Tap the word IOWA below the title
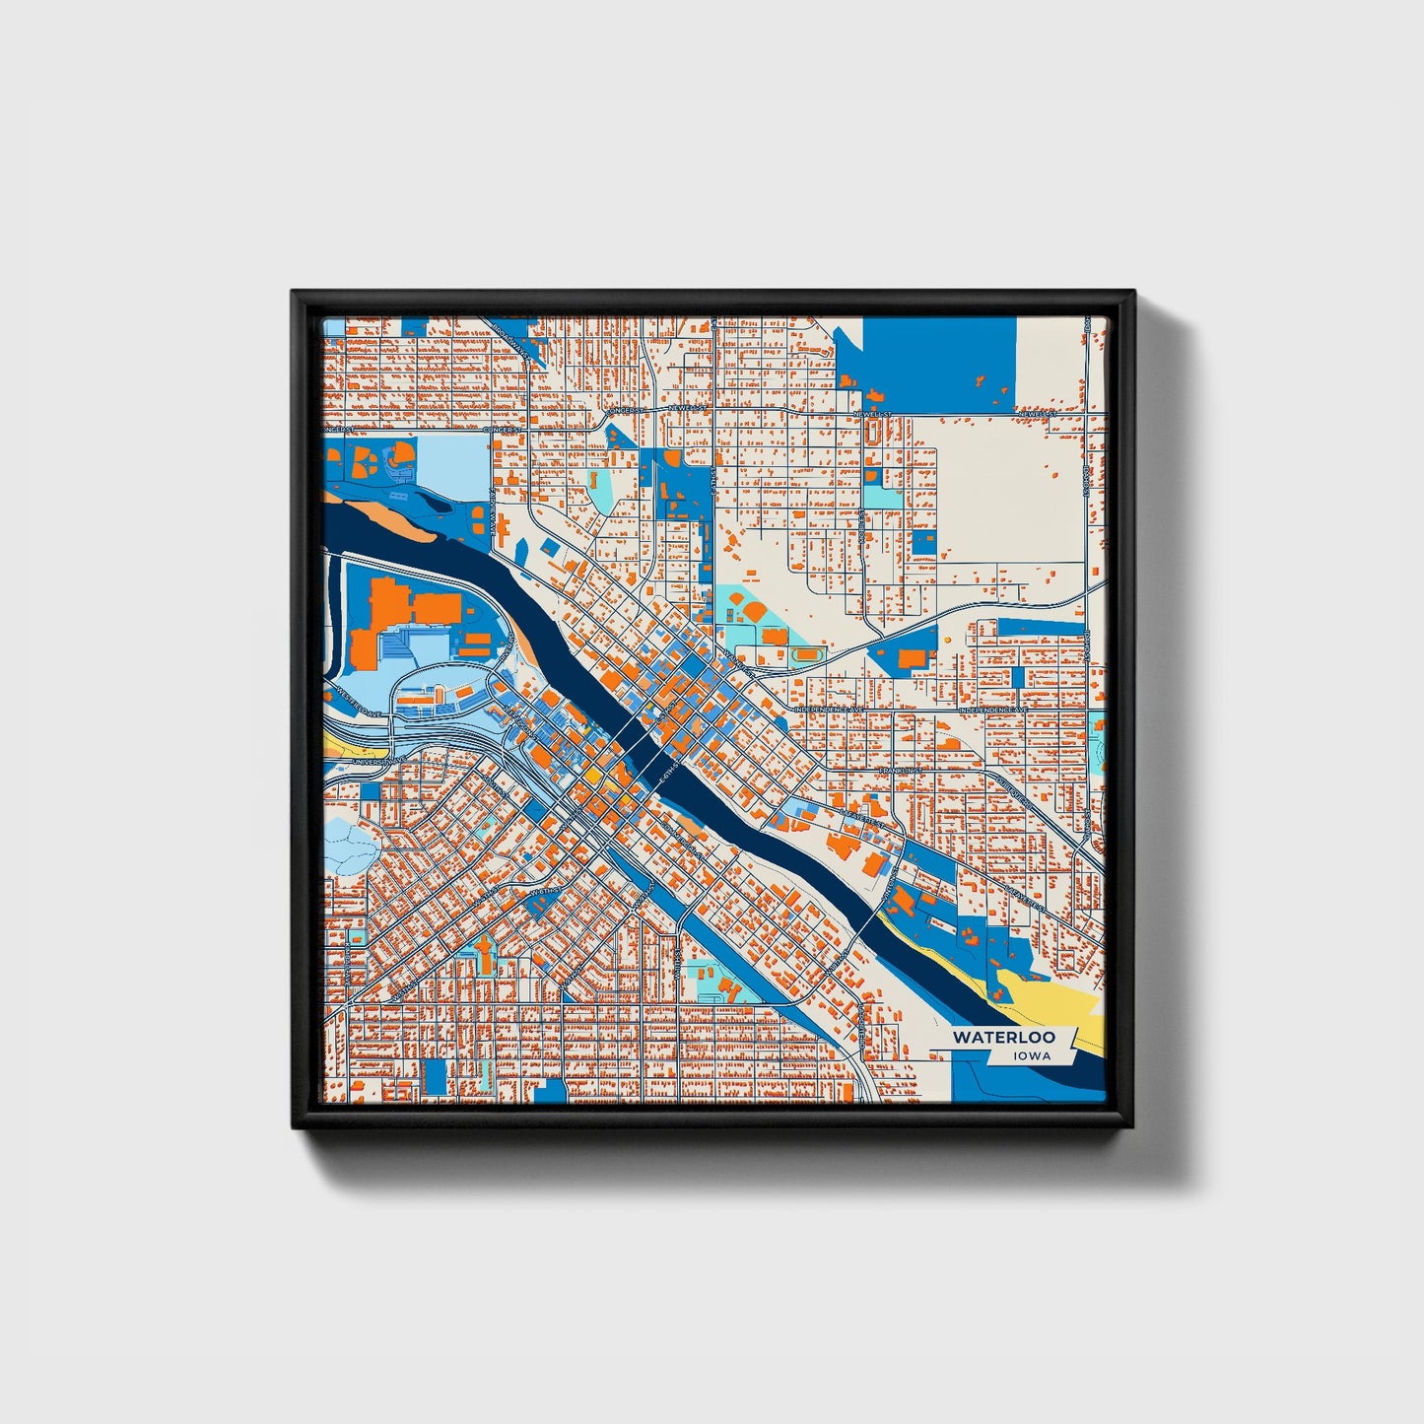[x=1031, y=1056]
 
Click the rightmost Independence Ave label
[x=993, y=710]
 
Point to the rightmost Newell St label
[x=1037, y=415]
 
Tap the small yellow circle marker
[x=946, y=640]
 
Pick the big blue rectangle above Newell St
[x=939, y=349]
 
